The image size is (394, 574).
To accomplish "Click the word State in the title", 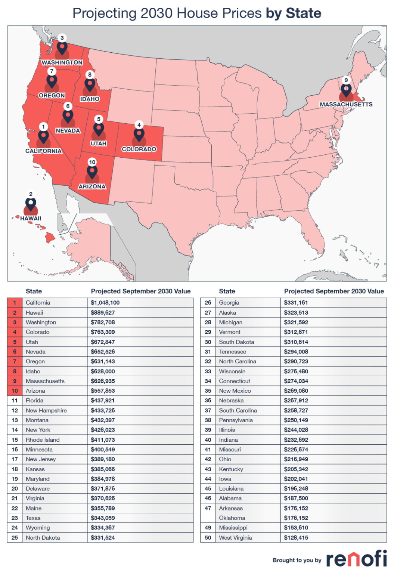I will (303, 13).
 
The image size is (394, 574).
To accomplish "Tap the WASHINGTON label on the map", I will (62, 62).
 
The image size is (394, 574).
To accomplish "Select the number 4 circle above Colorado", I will (139, 125).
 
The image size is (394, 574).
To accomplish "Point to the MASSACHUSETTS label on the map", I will (346, 104).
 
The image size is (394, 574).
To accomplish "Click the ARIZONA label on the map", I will (92, 186).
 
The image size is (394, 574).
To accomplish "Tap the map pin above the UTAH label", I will (99, 129).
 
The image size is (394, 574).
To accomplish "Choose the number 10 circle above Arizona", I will (92, 162).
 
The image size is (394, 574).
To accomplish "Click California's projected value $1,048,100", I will (105, 303).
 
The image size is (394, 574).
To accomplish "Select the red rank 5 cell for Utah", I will (15, 342).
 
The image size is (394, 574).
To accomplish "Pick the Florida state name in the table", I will (34, 401).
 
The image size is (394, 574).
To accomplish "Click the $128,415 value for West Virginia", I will (296, 538).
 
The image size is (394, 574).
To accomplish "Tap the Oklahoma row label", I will (232, 518).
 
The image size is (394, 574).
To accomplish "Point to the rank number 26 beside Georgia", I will (208, 303).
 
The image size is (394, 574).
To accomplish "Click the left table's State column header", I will (34, 291).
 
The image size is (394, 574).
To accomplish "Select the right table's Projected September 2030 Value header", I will (333, 291).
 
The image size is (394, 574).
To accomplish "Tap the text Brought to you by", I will (297, 560).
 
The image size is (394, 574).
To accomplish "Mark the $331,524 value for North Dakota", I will (103, 538).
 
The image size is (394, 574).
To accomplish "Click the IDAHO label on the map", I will (90, 99).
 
